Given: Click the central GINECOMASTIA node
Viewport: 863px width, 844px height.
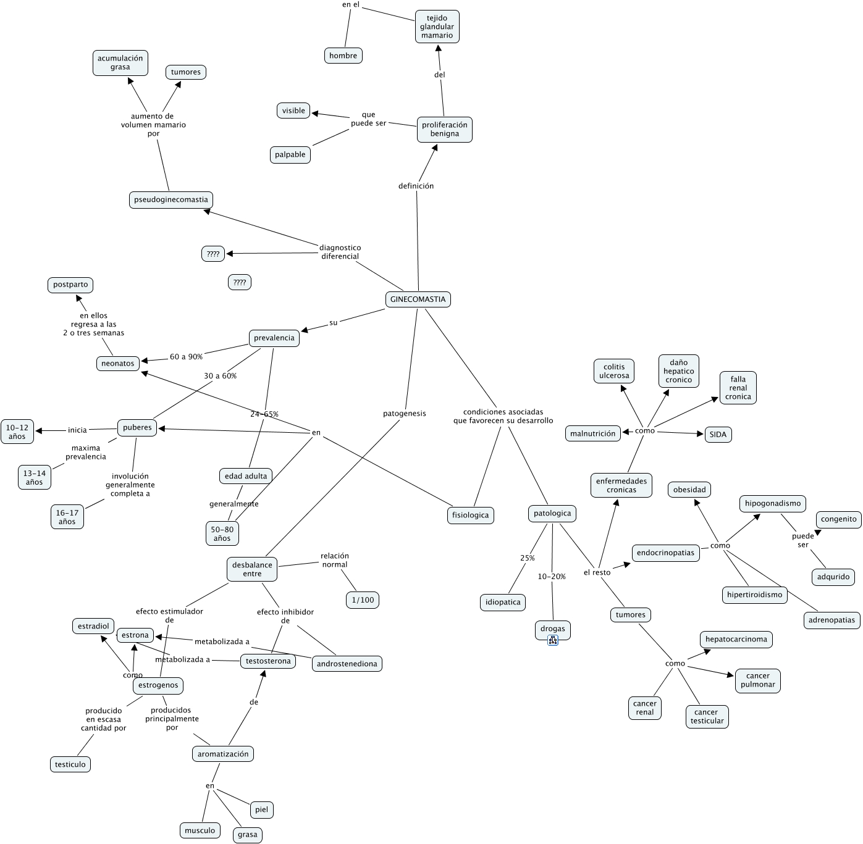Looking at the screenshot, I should coord(418,299).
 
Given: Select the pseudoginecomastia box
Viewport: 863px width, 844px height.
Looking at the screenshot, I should coord(171,200).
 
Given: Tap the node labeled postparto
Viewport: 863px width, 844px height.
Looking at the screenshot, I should coord(70,285).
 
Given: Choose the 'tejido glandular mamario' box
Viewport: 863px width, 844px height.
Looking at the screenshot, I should coord(437,27).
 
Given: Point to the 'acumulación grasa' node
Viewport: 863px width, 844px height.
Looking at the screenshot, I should coord(120,63).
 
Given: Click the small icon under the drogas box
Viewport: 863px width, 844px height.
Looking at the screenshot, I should coord(553,640).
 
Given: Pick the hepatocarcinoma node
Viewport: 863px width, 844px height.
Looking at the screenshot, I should coord(736,639).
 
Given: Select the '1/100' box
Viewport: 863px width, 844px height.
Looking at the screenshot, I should coord(363,600).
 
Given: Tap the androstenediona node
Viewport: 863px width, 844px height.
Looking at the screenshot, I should coord(347,664).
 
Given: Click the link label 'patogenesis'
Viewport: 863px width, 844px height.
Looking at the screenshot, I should coord(405,413).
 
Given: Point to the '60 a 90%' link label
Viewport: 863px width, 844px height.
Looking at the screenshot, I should coord(186,356).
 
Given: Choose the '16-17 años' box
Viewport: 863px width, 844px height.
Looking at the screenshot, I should coord(67,517).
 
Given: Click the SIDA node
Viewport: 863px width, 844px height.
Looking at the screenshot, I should coord(718,434).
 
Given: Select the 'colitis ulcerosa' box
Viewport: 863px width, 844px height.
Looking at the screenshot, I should coord(614,371).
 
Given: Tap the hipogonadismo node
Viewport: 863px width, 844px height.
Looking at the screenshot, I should coord(772,503).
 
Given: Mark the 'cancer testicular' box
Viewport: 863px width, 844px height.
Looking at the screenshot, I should coord(707,716).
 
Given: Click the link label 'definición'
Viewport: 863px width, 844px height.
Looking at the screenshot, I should coord(416,186).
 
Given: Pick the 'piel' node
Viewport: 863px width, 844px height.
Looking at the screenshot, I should coord(262,809).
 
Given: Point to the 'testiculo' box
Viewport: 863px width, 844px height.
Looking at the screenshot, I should coord(70,764).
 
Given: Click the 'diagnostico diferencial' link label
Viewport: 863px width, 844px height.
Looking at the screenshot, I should coord(340,252).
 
